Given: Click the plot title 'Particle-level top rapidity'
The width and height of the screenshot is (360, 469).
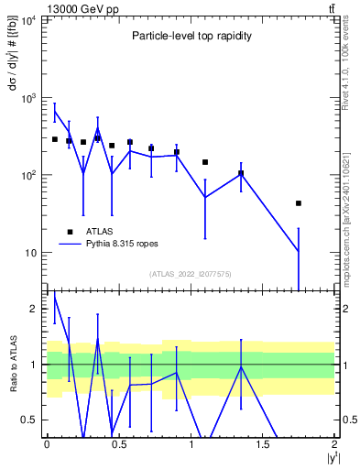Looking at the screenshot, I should [191, 35].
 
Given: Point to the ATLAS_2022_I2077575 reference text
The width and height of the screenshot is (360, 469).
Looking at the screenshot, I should [191, 274].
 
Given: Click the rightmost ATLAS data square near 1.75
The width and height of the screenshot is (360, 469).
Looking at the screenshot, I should [299, 203].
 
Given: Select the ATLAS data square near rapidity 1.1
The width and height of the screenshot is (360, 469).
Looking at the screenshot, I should [205, 162].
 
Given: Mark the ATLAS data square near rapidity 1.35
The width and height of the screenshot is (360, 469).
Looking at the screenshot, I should [241, 173].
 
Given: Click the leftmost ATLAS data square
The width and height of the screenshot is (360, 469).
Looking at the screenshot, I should [55, 139].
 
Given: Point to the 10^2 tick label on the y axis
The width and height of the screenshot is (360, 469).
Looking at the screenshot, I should [27, 175].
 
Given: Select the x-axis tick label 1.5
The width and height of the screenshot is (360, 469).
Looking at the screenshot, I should [263, 444].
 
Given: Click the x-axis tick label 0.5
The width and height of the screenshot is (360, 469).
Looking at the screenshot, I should [118, 444].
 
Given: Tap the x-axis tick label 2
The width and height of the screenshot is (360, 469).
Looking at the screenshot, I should [335, 444].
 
